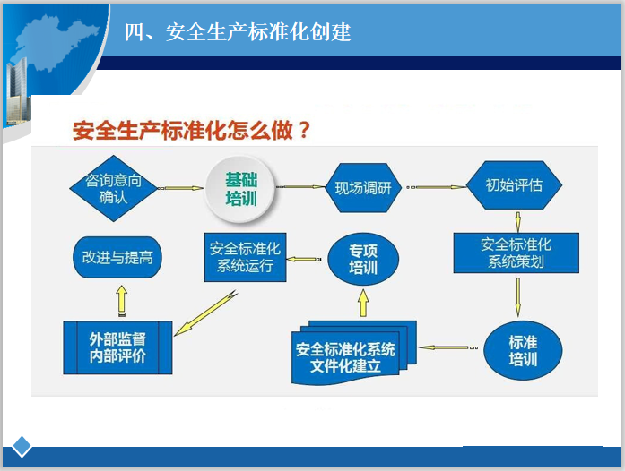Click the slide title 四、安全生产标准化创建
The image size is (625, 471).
pyautogui.click(x=238, y=33)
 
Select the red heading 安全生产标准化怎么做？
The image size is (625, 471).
pyautogui.click(x=192, y=131)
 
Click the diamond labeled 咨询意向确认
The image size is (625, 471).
pyautogui.click(x=113, y=188)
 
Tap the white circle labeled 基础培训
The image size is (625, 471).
pyautogui.click(x=241, y=188)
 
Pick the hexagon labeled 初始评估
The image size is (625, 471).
pyautogui.click(x=514, y=186)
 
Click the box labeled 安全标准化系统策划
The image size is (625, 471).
pyautogui.click(x=516, y=253)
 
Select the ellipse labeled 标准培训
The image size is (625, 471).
pyautogui.click(x=523, y=350)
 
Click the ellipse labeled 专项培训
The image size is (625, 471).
pyautogui.click(x=362, y=260)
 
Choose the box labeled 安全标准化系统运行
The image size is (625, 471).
pyautogui.click(x=245, y=258)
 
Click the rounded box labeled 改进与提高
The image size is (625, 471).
pyautogui.click(x=117, y=257)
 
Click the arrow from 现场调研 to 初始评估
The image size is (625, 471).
pyautogui.click(x=436, y=187)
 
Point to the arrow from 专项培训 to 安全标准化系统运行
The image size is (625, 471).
pyautogui.click(x=305, y=259)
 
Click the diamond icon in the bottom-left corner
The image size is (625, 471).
pyautogui.click(x=22, y=447)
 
